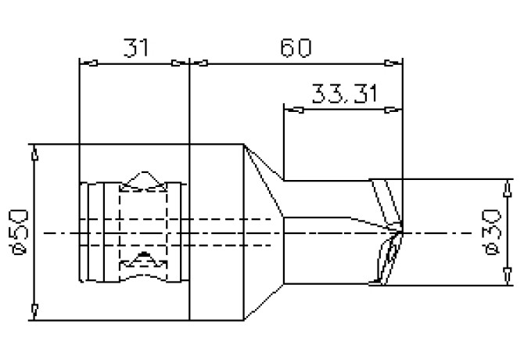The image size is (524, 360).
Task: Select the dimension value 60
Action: tap(296, 48)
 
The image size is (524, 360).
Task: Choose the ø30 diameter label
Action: tap(493, 232)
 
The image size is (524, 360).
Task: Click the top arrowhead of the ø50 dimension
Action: tap(33, 152)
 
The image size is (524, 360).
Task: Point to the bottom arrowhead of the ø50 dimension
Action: tap(33, 313)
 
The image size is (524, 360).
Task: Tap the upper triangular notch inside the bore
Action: tap(143, 180)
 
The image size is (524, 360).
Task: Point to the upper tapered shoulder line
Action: tap(264, 180)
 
